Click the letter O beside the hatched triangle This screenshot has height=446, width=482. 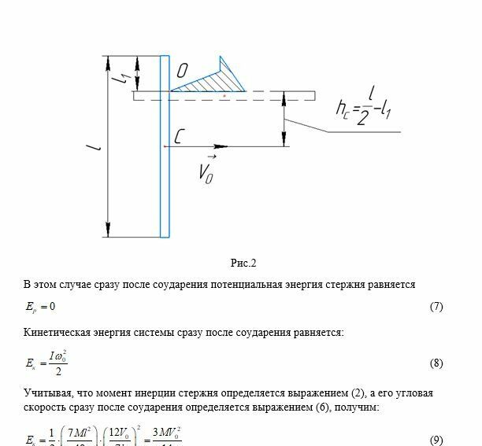(x=182, y=72)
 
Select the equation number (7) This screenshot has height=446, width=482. (x=436, y=307)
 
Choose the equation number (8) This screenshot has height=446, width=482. (x=436, y=363)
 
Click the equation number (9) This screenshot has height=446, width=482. (x=436, y=438)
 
